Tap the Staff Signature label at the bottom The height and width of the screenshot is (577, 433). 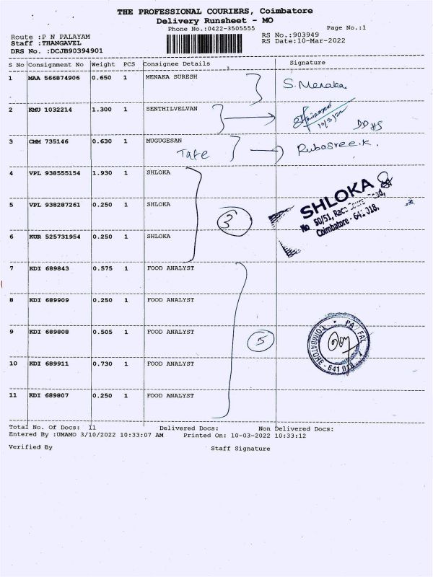coord(240,448)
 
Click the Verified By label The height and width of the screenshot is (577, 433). coord(30,447)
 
